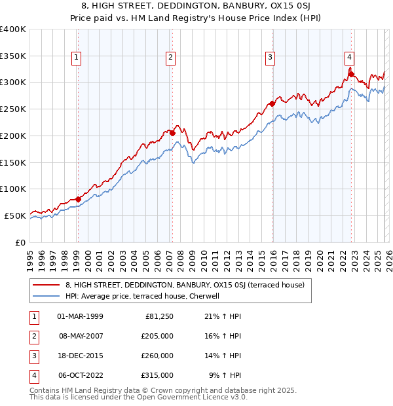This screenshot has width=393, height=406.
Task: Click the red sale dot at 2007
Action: point(172,133)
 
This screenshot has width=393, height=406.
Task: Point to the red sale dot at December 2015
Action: point(272,103)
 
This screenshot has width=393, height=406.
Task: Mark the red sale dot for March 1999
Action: point(78,199)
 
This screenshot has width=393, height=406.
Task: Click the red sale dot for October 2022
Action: point(352,74)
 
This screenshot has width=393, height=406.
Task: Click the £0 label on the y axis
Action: point(20,242)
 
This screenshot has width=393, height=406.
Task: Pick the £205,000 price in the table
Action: point(157,336)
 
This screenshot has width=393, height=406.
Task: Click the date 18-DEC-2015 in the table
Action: point(81,356)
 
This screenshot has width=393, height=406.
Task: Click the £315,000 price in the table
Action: point(157,375)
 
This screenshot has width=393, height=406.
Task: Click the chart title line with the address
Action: point(196,7)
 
